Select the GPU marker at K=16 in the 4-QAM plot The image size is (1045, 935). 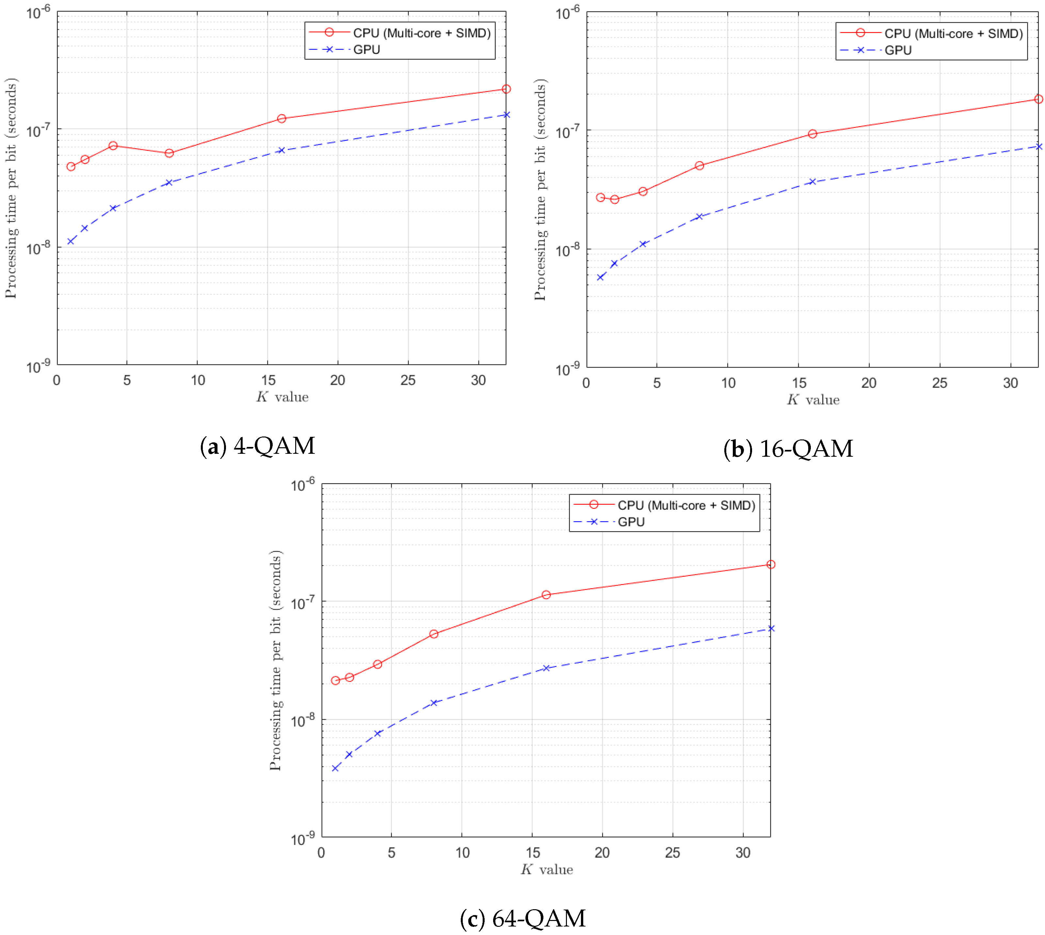click(x=281, y=151)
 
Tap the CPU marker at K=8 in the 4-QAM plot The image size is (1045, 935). click(x=169, y=153)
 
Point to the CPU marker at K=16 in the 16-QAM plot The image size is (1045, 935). click(x=812, y=134)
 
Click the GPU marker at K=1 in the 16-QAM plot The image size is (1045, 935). click(x=600, y=277)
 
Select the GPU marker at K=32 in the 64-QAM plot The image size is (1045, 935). click(x=771, y=628)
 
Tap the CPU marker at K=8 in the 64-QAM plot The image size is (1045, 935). click(x=434, y=634)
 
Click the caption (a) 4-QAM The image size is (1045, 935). click(x=257, y=446)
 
